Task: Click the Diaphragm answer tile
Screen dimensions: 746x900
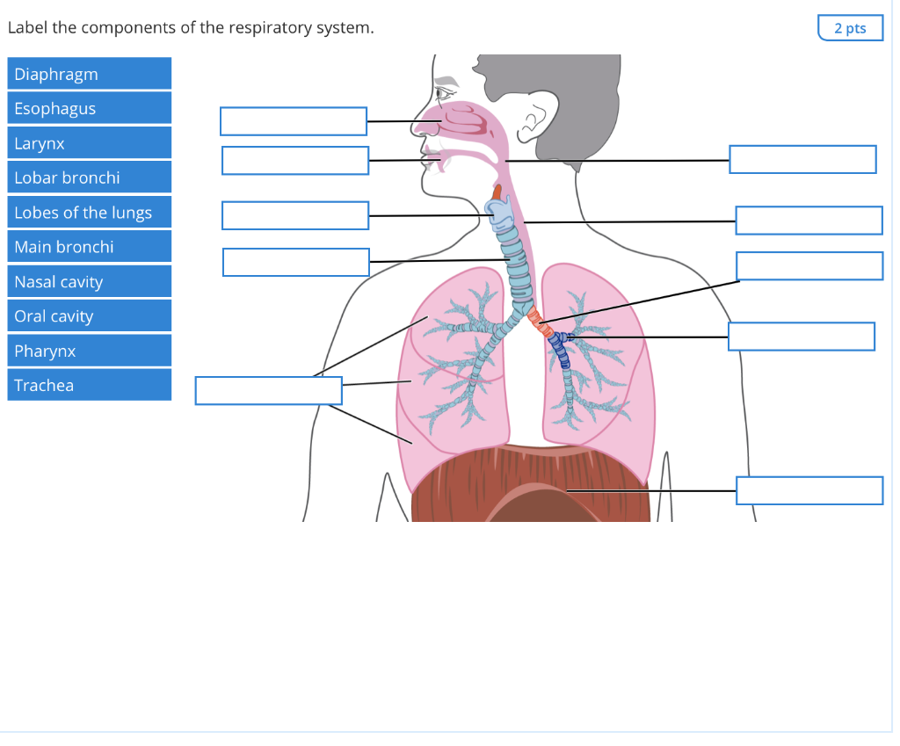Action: click(89, 74)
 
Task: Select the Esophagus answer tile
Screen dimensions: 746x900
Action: click(89, 109)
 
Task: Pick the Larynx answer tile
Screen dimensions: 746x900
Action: click(89, 143)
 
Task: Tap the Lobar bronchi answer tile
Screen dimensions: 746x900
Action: click(89, 177)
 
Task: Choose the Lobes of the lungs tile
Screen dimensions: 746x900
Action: click(89, 213)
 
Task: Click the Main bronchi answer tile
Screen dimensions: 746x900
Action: click(89, 247)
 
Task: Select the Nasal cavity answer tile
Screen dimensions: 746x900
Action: click(89, 282)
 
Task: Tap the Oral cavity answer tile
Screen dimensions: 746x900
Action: click(89, 316)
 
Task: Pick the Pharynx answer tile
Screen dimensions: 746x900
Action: click(89, 351)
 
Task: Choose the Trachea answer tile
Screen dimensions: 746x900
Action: click(89, 385)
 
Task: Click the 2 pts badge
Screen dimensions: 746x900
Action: click(849, 28)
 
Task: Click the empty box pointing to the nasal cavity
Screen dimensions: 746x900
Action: click(293, 121)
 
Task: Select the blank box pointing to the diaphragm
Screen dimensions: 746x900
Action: click(809, 490)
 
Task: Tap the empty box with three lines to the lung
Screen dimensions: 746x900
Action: click(268, 390)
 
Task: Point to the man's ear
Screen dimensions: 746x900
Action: click(533, 127)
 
